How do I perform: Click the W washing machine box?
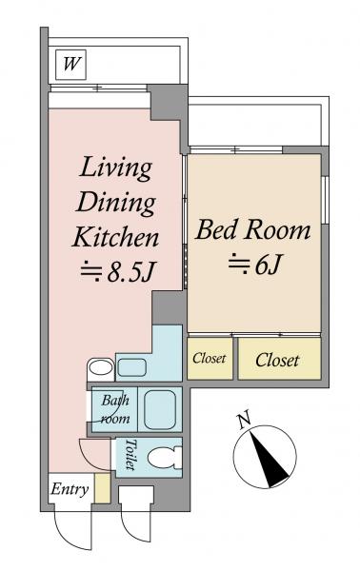(70, 65)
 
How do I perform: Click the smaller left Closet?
(210, 359)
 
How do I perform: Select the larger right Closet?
(279, 359)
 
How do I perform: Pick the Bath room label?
(115, 409)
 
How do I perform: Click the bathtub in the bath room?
(160, 409)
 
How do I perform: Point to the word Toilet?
(130, 454)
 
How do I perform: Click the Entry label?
(70, 489)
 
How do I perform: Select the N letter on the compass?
(245, 420)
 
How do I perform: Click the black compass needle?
(270, 460)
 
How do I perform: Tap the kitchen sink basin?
(131, 367)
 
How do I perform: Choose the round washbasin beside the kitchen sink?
(101, 367)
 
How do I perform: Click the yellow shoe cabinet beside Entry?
(103, 488)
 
